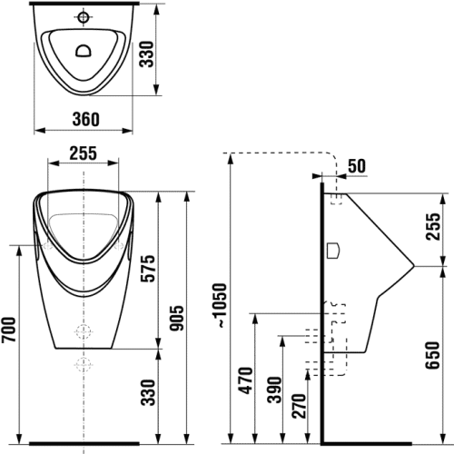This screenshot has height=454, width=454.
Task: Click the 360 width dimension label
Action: click(x=85, y=119)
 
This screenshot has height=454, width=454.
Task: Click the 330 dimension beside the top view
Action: click(x=147, y=54)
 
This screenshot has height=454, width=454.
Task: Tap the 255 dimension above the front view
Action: click(x=84, y=153)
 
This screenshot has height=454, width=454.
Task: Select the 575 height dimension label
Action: click(x=149, y=269)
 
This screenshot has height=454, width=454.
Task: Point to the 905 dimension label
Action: click(x=176, y=318)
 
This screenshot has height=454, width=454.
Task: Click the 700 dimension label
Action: click(x=8, y=330)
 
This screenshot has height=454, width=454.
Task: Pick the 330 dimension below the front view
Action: click(x=149, y=392)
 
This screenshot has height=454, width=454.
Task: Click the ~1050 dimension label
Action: click(x=219, y=305)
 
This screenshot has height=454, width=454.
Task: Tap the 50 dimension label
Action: click(x=357, y=166)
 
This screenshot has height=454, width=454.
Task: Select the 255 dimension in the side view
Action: click(x=432, y=226)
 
